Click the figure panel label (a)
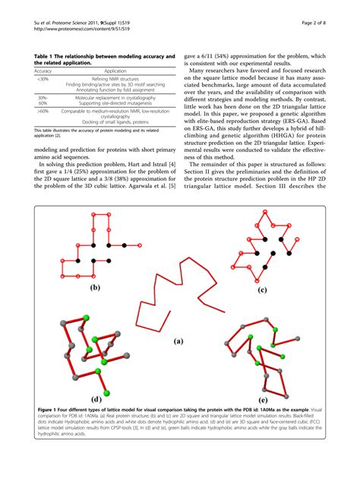179,342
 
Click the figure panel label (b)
95,288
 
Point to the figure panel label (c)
262,289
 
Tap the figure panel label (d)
96,399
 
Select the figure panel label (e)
264,399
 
